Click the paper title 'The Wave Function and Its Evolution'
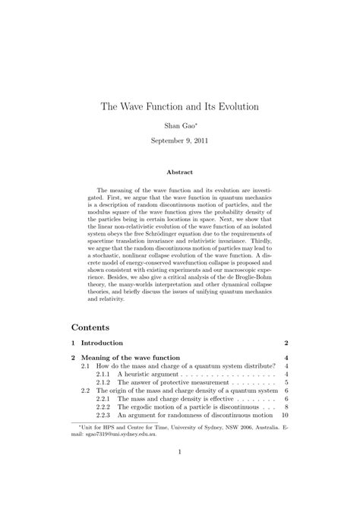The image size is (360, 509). [180, 106]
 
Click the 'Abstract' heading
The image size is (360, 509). [180, 172]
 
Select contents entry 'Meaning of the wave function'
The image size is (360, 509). [130, 358]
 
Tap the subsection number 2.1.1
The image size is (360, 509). [103, 374]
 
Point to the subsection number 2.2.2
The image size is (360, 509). [103, 407]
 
